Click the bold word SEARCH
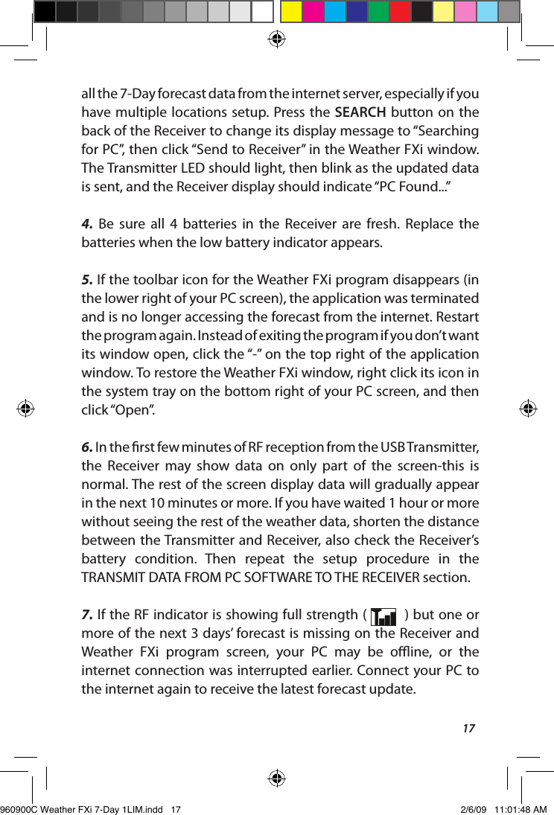coord(360,112)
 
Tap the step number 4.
coord(86,224)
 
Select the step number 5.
coord(86,280)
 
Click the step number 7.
coord(86,615)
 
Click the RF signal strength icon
coord(384,616)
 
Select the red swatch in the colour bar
coord(399,12)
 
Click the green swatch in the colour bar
coord(378,12)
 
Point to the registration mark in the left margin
coord(27,408)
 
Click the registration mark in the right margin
coord(527,408)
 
